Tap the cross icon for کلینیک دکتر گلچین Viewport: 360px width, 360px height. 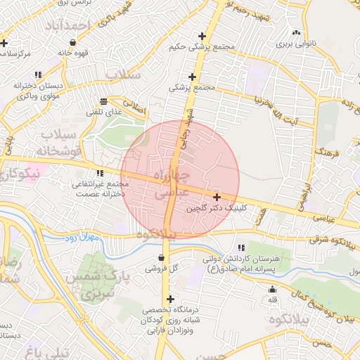[217, 198]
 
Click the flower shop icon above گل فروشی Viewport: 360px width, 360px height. [162, 258]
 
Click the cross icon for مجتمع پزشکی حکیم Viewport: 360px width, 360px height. [202, 36]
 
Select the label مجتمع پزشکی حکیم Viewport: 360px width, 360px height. [202, 47]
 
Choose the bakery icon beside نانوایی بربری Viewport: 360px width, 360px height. [295, 33]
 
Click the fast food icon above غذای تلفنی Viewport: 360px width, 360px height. [104, 101]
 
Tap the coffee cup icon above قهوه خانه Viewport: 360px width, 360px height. [73, 41]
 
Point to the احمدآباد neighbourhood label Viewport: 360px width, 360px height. [77, 26]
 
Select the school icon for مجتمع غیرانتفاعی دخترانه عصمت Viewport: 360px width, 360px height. [99, 173]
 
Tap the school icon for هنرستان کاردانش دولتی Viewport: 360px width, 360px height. [241, 247]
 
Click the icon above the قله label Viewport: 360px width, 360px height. [273, 290]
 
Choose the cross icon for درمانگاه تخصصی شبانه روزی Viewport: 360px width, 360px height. [169, 299]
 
